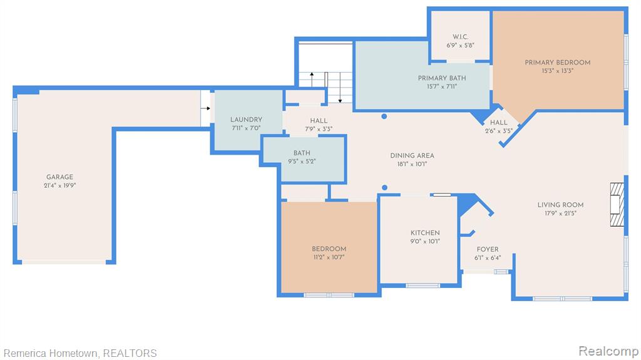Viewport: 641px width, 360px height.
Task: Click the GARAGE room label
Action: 59,177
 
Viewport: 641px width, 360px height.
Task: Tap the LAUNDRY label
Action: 246,120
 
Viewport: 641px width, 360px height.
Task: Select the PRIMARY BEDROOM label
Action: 558,63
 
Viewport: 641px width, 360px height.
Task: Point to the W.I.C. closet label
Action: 460,37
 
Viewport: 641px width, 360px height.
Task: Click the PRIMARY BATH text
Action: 442,78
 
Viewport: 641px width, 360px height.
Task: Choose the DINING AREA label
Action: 412,155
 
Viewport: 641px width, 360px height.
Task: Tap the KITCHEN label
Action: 425,233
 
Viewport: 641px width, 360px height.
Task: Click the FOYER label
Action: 488,249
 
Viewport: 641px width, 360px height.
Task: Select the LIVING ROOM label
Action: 560,205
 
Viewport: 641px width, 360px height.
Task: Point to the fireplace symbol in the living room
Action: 617,204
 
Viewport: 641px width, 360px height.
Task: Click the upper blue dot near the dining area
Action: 384,116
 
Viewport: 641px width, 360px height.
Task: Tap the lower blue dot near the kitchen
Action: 385,188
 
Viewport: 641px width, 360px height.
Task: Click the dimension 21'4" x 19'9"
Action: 60,185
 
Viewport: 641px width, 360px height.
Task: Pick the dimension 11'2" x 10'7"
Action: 329,257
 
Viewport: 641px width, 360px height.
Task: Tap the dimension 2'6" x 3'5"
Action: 499,131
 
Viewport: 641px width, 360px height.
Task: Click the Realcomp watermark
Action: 608,351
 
